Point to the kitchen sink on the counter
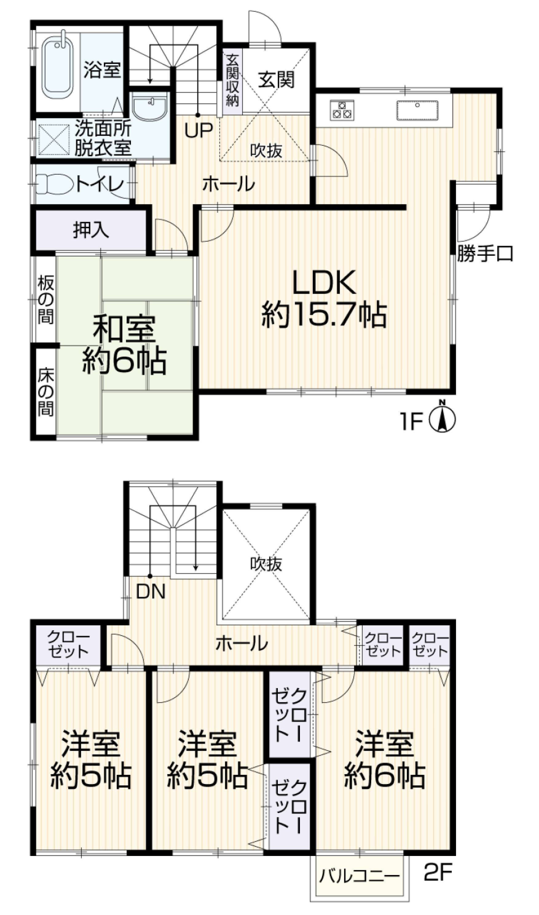point(417,110)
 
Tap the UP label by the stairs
point(198,130)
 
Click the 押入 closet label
point(91,230)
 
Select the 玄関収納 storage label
point(232,80)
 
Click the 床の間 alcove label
point(45,392)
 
